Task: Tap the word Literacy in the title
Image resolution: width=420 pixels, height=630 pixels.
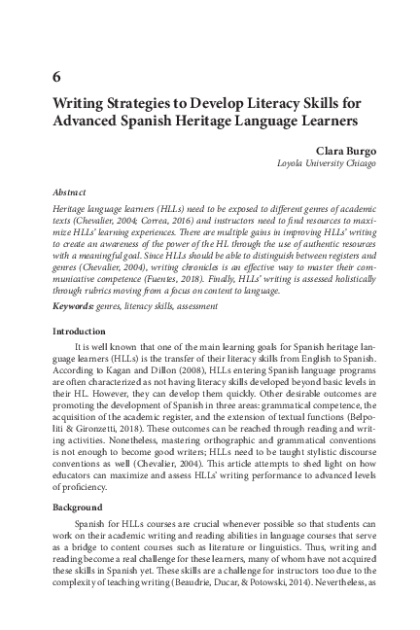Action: click(x=256, y=104)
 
